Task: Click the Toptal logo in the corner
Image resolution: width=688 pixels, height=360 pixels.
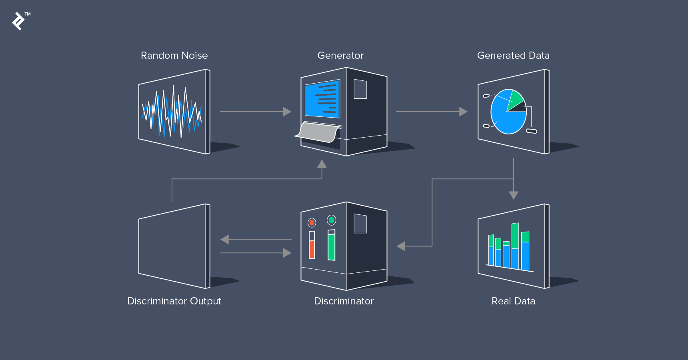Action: (18, 21)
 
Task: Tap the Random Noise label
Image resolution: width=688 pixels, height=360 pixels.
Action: (174, 56)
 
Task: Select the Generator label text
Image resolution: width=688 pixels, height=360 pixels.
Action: (341, 56)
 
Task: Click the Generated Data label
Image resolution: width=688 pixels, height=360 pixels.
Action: (513, 56)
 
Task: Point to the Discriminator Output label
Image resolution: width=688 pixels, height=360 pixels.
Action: (174, 301)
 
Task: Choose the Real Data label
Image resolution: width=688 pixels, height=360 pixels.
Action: (513, 301)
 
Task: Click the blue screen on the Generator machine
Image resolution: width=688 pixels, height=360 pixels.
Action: (322, 99)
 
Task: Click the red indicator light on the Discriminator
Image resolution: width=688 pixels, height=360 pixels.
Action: (312, 223)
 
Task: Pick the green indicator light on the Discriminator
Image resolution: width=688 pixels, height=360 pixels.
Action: (331, 220)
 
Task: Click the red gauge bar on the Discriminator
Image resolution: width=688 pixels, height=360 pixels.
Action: (312, 250)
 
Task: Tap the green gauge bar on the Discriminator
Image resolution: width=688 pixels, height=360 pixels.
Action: (331, 247)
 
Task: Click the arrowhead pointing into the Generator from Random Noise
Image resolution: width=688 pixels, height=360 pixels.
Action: (287, 112)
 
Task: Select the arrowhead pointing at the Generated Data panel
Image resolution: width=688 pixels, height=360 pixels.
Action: (463, 112)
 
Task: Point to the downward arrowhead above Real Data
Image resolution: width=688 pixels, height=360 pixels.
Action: (514, 195)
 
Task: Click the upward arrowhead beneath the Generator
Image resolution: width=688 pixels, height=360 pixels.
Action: (322, 164)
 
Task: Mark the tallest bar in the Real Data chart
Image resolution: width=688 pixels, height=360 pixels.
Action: (515, 246)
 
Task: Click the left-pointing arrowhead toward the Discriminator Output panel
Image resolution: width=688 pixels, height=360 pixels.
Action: (224, 240)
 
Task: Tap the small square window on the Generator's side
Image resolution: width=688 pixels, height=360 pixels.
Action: (360, 89)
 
